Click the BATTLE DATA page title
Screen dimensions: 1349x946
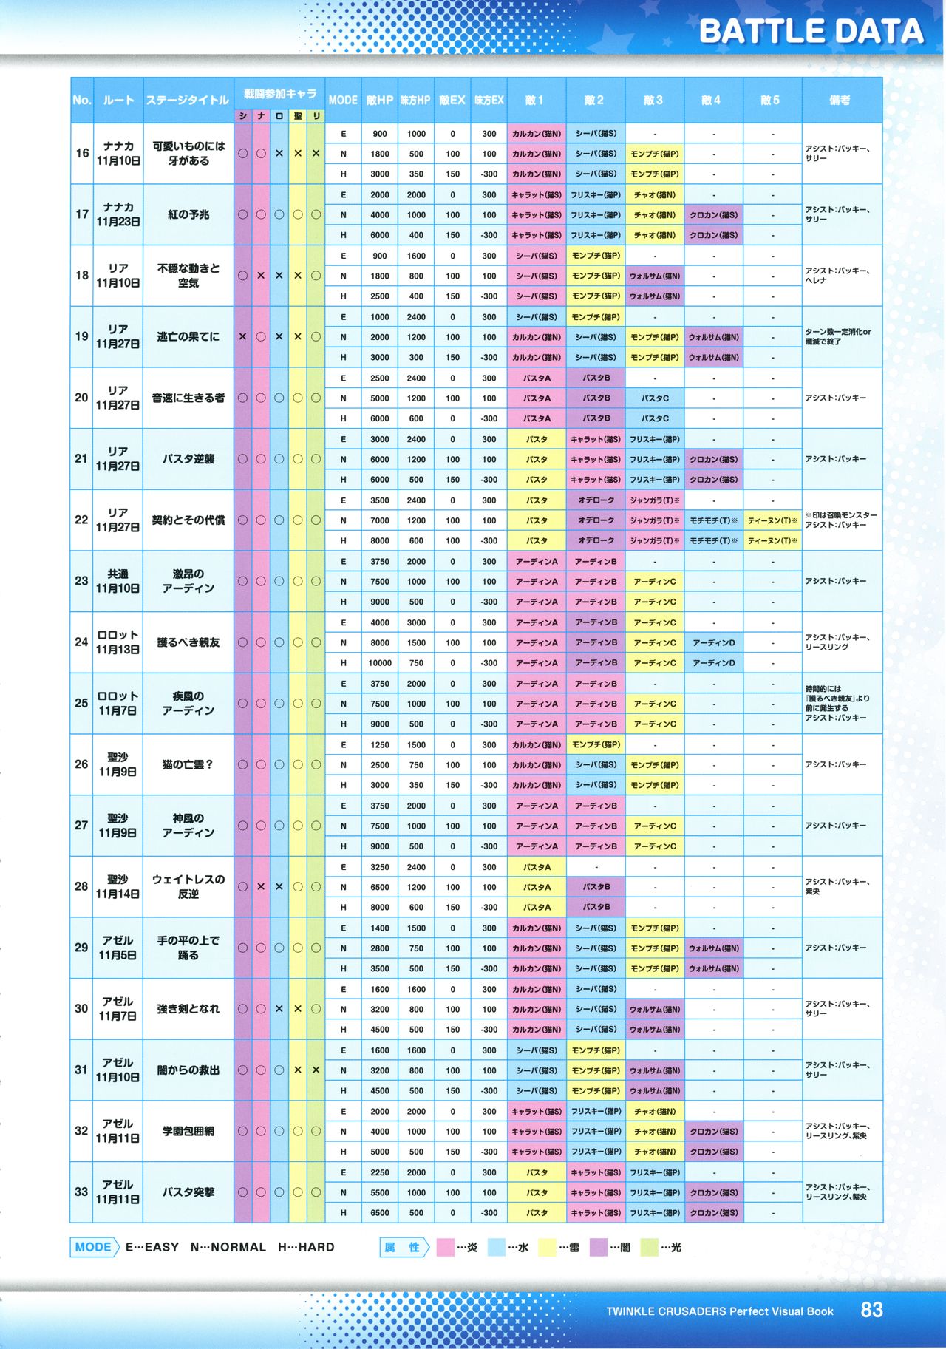(811, 32)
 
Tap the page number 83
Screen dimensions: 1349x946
(871, 1310)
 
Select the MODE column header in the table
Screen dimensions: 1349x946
(343, 100)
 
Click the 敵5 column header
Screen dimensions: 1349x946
(770, 100)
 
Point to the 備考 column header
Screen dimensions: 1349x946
(840, 100)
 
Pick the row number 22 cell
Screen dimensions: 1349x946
(81, 520)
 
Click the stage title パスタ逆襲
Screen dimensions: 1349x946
(188, 459)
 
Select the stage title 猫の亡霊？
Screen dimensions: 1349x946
(188, 764)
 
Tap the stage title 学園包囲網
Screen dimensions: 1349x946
(188, 1131)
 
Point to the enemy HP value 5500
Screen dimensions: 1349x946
(380, 1192)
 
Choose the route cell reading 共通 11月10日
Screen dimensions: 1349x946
(118, 581)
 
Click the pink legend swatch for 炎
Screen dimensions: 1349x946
(446, 1248)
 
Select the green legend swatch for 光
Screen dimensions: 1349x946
(650, 1248)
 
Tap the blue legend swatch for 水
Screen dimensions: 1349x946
(497, 1248)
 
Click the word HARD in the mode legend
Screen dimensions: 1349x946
(316, 1248)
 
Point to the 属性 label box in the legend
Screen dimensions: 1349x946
(404, 1248)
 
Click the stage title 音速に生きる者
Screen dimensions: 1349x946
(188, 398)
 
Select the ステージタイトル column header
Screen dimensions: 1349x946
(188, 100)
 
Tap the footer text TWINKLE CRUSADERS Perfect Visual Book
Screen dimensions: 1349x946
(719, 1311)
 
